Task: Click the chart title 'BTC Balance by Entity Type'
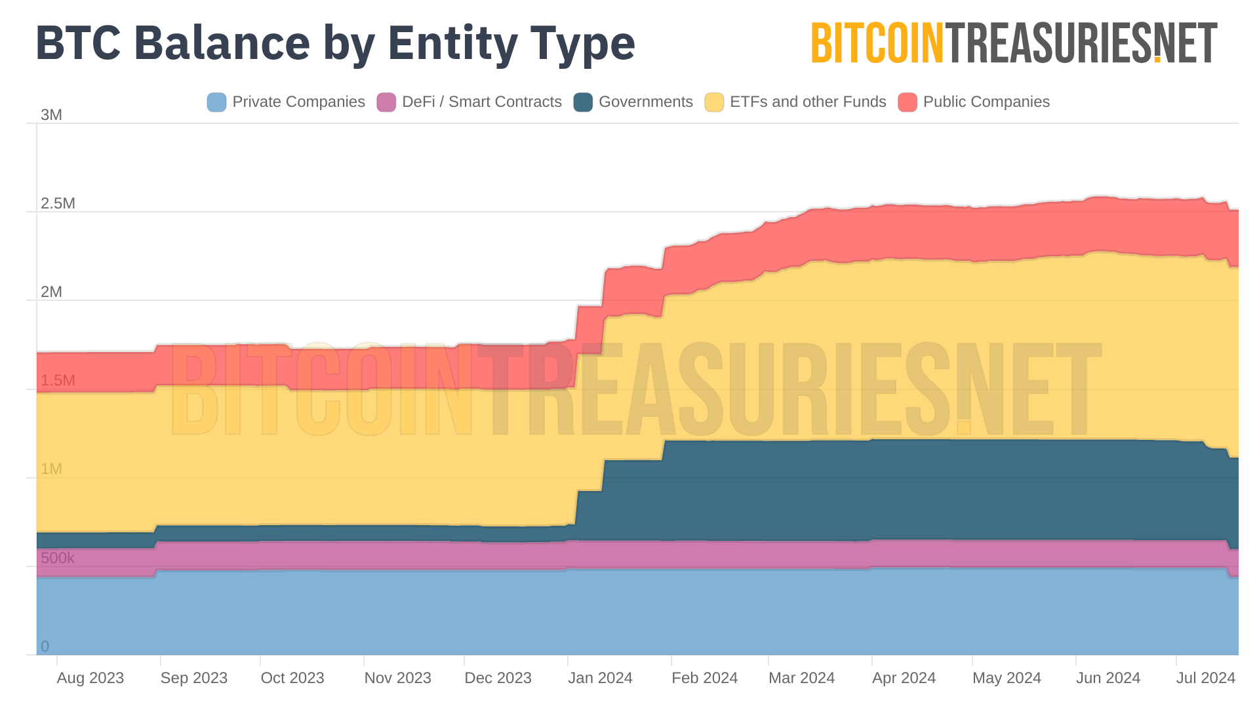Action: (x=335, y=43)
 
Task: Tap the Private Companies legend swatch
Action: (x=216, y=102)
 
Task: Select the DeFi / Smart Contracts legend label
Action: (x=481, y=102)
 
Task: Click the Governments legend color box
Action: (x=583, y=102)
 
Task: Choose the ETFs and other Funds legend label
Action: (x=807, y=102)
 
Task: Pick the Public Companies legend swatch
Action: (x=908, y=102)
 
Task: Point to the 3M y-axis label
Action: (x=51, y=115)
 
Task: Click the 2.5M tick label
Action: (x=58, y=203)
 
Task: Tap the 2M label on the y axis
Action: (x=51, y=292)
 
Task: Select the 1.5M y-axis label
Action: (x=58, y=380)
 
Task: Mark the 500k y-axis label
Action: (x=58, y=558)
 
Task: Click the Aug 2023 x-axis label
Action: (x=90, y=678)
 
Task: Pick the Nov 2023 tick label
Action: (x=397, y=678)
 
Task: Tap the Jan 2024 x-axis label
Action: (x=600, y=678)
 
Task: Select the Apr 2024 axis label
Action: (x=904, y=678)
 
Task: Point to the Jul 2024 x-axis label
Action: (x=1205, y=678)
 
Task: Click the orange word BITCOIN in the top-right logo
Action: (x=877, y=44)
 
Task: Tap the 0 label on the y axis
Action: (x=45, y=646)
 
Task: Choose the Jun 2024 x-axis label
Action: (x=1108, y=678)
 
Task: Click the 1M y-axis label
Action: (x=51, y=469)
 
